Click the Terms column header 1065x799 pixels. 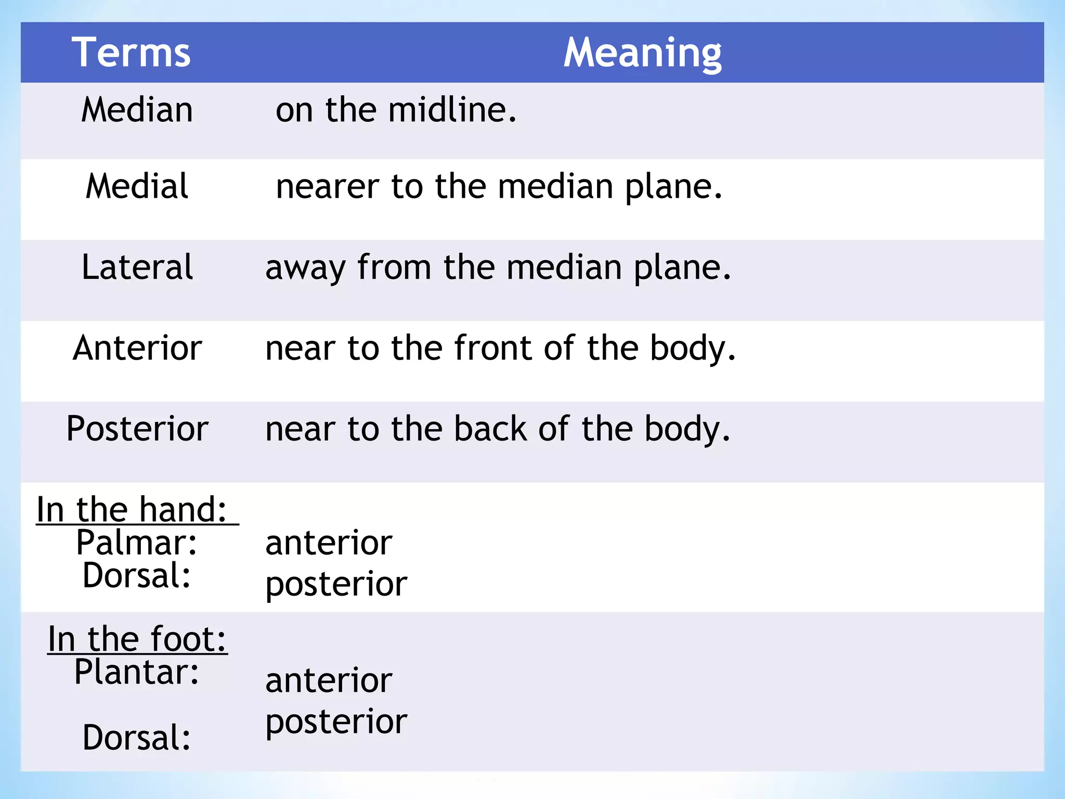pos(131,53)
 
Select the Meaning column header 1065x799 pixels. pos(643,53)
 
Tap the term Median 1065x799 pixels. pos(137,110)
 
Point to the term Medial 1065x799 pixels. pos(137,186)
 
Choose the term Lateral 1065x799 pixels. pos(137,267)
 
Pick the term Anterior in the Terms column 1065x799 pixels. pos(137,347)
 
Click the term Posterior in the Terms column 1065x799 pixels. pos(137,429)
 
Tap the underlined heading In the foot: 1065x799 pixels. pos(137,638)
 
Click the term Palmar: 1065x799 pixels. pos(137,543)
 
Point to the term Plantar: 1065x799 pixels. pos(137,672)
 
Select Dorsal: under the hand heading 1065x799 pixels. pos(137,575)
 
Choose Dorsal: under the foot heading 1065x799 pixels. pos(137,737)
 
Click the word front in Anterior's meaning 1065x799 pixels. pos(493,347)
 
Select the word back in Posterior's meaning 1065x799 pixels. pos(490,429)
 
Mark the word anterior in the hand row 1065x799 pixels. pos(329,543)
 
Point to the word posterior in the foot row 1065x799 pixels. pos(336,722)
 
